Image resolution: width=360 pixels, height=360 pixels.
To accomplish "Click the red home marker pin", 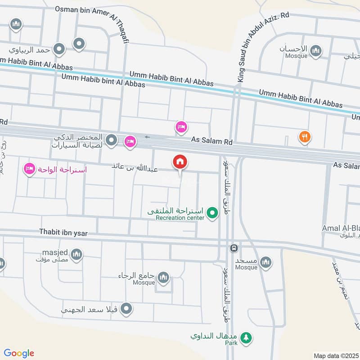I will pyautogui.click(x=180, y=162).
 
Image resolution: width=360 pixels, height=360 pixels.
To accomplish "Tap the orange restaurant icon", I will pyautogui.click(x=305, y=137).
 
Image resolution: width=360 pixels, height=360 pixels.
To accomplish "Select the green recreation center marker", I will pyautogui.click(x=212, y=213).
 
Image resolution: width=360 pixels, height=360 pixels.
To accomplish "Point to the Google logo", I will pyautogui.click(x=18, y=354).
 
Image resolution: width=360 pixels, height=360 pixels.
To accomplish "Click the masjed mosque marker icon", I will pyautogui.click(x=77, y=255).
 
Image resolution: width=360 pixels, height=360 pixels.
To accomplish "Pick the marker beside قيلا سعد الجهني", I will pyautogui.click(x=127, y=309).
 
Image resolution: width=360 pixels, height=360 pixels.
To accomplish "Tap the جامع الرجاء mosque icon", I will pyautogui.click(x=164, y=276).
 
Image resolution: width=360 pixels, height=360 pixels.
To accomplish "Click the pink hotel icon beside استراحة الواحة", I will pyautogui.click(x=30, y=170).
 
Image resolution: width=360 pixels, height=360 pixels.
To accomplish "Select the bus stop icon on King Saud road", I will pyautogui.click(x=234, y=248).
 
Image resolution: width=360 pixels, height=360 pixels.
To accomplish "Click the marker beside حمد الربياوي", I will pyautogui.click(x=59, y=49).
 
